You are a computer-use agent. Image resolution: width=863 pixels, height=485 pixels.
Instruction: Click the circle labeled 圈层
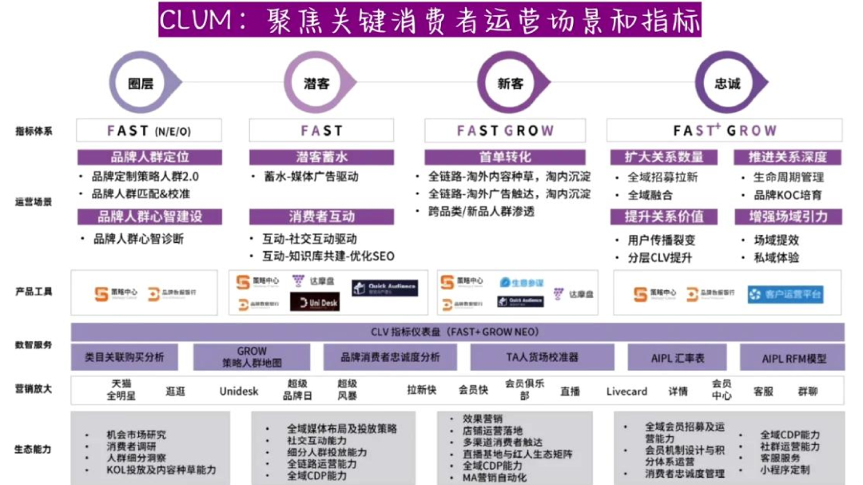(141, 83)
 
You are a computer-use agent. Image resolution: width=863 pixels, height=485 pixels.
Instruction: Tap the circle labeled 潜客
(316, 83)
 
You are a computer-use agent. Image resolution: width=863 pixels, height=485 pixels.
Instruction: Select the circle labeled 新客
(511, 83)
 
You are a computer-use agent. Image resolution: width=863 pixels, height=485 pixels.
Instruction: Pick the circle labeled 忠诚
(727, 83)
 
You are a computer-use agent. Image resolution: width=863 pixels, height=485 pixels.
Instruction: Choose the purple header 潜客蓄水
(321, 157)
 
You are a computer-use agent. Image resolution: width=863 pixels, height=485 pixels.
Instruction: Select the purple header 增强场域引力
(788, 217)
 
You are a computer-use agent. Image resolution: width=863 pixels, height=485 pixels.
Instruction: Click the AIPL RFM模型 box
(793, 359)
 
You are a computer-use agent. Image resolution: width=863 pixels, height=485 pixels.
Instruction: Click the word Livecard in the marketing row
(626, 391)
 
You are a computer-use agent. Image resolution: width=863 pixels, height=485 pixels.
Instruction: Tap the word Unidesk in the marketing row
(239, 391)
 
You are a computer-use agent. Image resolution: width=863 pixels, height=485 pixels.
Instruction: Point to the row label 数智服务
(34, 345)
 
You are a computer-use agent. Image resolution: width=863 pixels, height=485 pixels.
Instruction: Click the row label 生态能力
(34, 449)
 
